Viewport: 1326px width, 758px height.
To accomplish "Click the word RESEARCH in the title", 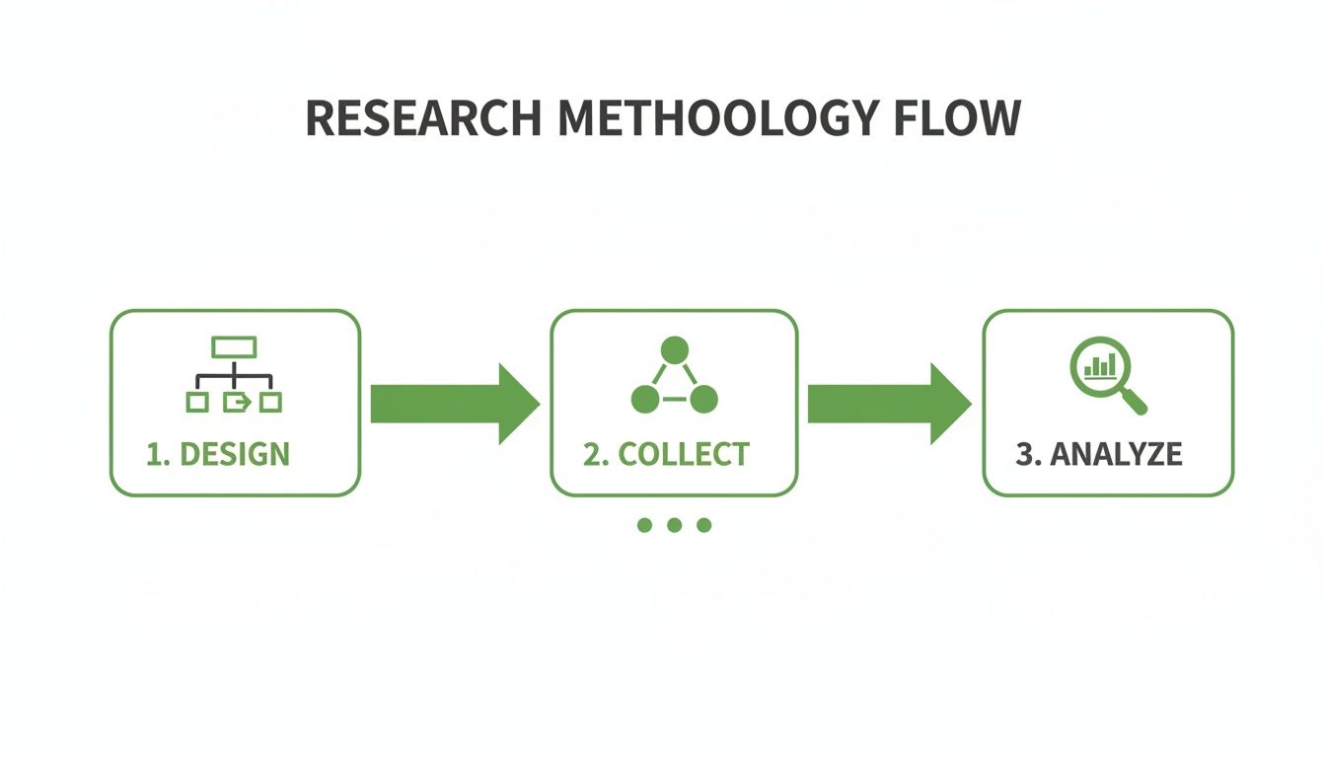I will pyautogui.click(x=422, y=118).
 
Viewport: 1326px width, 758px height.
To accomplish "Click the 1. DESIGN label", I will pyautogui.click(x=218, y=454).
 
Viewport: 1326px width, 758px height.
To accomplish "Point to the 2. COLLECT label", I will pyautogui.click(x=666, y=454).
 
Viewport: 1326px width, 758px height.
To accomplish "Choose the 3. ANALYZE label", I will pyautogui.click(x=1098, y=454).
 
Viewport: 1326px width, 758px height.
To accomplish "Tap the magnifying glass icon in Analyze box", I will pyautogui.click(x=1103, y=371).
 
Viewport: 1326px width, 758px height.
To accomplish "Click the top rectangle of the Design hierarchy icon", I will pyautogui.click(x=234, y=346).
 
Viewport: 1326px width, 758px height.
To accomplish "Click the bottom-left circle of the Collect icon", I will pyautogui.click(x=644, y=400).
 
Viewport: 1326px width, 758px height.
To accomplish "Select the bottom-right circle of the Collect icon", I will pyautogui.click(x=703, y=400).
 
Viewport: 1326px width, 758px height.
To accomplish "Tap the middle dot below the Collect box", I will pyautogui.click(x=674, y=525).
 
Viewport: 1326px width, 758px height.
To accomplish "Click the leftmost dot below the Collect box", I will pyautogui.click(x=645, y=525).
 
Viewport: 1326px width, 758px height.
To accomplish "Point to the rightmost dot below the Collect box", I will pyautogui.click(x=703, y=525).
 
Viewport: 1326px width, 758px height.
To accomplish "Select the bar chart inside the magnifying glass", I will pyautogui.click(x=1100, y=367).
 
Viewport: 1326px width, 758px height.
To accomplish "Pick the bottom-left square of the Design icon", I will pyautogui.click(x=197, y=402).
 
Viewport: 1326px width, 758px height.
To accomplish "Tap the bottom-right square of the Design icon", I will pyautogui.click(x=270, y=402).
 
